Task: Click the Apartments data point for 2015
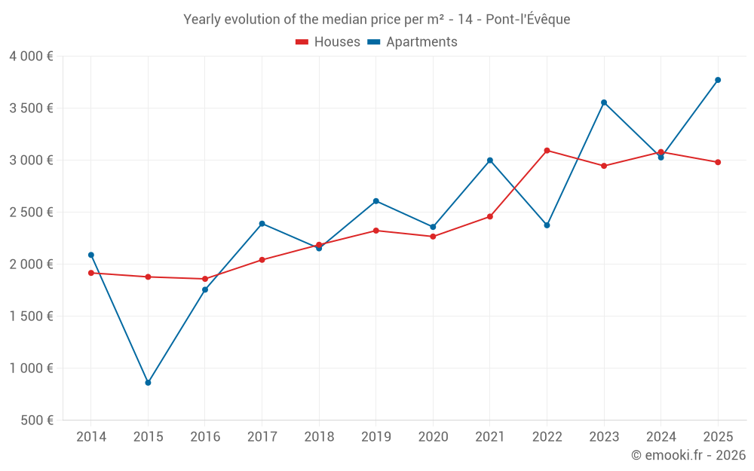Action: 148,383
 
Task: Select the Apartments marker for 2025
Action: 718,80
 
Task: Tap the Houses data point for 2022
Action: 547,151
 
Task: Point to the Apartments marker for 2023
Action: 604,102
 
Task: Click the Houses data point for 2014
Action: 91,273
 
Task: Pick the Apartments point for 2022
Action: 547,225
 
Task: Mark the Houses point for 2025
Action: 718,162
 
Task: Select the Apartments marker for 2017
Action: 262,224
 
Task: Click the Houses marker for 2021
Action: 490,217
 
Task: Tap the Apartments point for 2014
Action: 91,255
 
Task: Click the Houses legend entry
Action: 328,42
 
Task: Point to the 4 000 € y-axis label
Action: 31,57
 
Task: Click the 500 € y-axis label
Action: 36,421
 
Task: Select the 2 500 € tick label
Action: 31,213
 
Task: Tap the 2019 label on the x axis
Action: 376,437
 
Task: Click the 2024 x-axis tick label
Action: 661,437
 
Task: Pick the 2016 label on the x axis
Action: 205,437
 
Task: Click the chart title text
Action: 377,20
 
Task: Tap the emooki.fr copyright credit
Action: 688,455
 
